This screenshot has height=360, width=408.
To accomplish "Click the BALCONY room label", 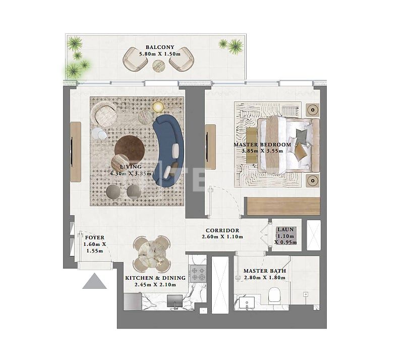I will [156, 47].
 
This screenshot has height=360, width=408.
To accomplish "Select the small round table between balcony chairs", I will [159, 65].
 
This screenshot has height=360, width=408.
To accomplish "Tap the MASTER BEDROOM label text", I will [262, 144].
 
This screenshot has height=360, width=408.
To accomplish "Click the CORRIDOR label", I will [222, 230].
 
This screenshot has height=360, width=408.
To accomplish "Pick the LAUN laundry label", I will [285, 230].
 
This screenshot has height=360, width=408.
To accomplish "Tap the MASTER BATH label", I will [264, 271].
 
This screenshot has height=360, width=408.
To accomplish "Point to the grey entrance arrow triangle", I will [95, 282].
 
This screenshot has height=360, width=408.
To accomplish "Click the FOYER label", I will [94, 237].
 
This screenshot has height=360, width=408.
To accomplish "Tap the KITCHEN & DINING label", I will [155, 278].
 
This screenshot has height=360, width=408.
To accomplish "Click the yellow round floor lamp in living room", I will [158, 107].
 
